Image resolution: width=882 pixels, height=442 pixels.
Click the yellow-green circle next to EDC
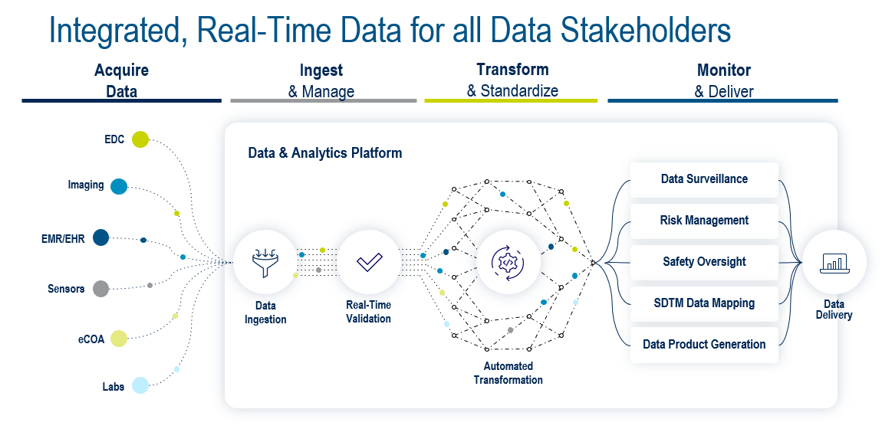tap(140, 139)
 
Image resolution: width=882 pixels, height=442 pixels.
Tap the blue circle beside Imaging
tap(119, 186)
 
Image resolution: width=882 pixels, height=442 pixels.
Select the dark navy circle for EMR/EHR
tap(100, 237)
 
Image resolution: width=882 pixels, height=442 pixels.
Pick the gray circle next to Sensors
tap(100, 289)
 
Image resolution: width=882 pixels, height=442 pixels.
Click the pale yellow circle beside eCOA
tap(119, 339)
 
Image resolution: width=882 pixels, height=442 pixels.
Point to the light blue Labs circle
tap(140, 385)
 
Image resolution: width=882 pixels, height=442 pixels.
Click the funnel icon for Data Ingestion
tap(265, 263)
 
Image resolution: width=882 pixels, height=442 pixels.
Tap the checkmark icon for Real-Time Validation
tap(370, 262)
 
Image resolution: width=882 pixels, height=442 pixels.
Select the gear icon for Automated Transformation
tap(508, 262)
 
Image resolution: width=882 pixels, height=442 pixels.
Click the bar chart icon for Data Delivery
tap(834, 263)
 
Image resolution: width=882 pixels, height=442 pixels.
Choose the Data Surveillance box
tap(704, 179)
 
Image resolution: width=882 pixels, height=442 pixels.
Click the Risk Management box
tap(704, 221)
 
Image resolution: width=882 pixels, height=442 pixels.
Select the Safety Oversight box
tap(704, 262)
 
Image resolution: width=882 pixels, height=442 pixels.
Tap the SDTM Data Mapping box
tap(704, 303)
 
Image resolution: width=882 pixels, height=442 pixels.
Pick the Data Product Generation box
tap(704, 344)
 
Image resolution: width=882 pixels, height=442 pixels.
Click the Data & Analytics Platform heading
tap(325, 152)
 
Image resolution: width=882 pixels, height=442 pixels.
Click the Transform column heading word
tap(512, 70)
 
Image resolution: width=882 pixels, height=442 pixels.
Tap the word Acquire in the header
tap(121, 70)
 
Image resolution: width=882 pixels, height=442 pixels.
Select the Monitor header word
tap(724, 70)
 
